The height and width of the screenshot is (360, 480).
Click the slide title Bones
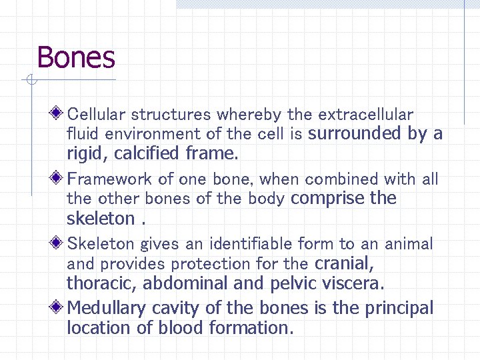tap(76, 58)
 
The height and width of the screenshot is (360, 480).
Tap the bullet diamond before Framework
tap(59, 178)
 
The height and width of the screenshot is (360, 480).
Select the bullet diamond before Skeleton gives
tap(59, 243)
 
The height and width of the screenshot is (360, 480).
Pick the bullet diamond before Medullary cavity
tap(59, 307)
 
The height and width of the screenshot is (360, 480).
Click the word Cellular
tap(97, 115)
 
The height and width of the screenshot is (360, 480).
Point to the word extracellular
tap(366, 115)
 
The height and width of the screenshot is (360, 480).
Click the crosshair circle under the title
tap(29, 81)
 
